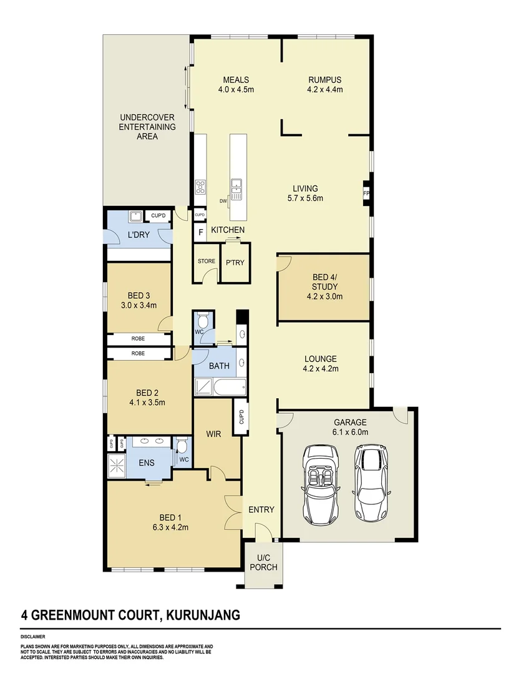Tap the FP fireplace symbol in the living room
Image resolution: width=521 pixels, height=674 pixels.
pyautogui.click(x=366, y=193)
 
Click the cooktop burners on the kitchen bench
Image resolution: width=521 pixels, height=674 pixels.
pyautogui.click(x=201, y=187)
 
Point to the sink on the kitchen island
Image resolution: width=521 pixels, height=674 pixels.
pyautogui.click(x=236, y=185)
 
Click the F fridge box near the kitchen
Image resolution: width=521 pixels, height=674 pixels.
pyautogui.click(x=200, y=233)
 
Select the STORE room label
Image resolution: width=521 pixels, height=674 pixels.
pyautogui.click(x=206, y=261)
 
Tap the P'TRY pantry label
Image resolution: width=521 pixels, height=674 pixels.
pyautogui.click(x=235, y=262)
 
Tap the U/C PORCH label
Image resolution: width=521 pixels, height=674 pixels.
pyautogui.click(x=263, y=562)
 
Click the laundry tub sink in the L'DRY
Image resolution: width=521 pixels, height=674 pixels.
pyautogui.click(x=135, y=217)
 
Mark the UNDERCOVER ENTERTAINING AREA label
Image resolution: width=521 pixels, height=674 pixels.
pyautogui.click(x=147, y=127)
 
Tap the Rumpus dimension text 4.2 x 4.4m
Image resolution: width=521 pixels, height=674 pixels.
pyautogui.click(x=324, y=89)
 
